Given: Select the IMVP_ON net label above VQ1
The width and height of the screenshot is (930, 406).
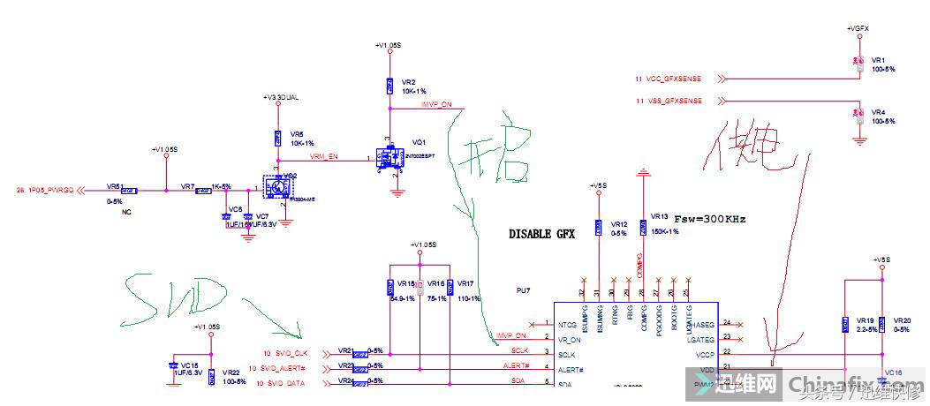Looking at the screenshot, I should [435, 104].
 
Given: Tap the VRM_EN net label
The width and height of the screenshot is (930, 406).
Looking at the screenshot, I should [323, 156].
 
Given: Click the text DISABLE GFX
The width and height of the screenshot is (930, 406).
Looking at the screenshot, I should [541, 235].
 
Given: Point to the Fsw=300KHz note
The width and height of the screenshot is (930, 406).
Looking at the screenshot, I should [709, 217].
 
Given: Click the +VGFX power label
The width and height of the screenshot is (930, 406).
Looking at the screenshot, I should [858, 29].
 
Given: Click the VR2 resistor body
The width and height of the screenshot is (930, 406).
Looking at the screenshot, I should [389, 86].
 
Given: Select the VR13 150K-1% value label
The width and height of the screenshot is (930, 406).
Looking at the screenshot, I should [664, 230].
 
